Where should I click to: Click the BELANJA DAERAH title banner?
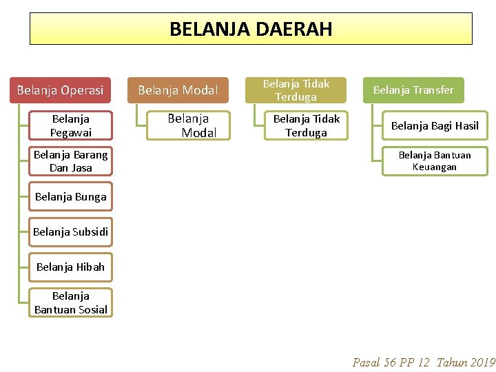coord(251,29)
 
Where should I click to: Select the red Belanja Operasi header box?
coord(60,90)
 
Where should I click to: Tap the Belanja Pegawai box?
coord(71,125)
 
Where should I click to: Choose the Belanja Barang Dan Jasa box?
coord(71,161)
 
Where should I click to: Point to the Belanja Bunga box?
coord(71,196)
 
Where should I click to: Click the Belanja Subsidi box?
coord(71,231)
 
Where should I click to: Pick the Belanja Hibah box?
coord(71,267)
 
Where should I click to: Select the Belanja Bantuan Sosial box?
coord(71,302)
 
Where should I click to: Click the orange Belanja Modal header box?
coord(178,90)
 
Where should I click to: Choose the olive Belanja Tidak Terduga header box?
coord(296,90)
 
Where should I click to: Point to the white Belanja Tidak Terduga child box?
coord(307,125)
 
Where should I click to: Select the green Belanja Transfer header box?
coord(413,90)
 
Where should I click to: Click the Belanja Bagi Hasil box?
coord(435,125)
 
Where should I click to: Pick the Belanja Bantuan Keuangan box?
coord(435,161)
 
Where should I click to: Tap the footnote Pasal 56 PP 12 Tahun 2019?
coord(424,362)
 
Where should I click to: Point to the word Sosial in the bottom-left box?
coord(93,309)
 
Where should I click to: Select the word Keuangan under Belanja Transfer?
coord(435,167)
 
